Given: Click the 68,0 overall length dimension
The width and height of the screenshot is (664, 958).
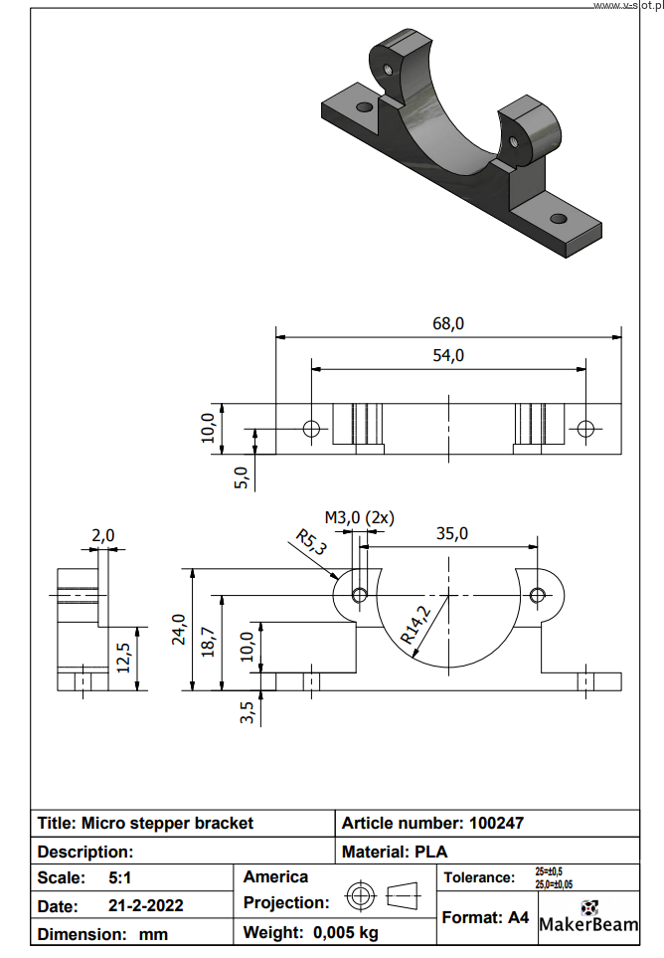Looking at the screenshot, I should coord(448,323).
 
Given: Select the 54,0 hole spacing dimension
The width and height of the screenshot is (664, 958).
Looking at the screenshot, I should coord(448,355).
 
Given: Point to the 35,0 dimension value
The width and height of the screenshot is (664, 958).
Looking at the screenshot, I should coord(451,533).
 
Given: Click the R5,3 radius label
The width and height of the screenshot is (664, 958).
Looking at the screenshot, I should coord(311,545).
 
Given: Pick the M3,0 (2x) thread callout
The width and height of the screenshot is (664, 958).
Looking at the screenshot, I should coord(360,517).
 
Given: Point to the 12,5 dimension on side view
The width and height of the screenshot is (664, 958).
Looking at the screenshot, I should coord(124,658).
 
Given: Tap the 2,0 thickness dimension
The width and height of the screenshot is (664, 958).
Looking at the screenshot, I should coord(102,535).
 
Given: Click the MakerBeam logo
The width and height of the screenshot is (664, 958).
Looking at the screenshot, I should coord(588,917).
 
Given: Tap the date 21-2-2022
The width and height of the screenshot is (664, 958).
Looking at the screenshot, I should coord(145,906).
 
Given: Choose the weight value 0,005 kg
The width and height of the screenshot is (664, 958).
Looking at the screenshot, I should coord(345,932).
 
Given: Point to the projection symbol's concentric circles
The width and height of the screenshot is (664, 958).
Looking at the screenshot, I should coord(360,896).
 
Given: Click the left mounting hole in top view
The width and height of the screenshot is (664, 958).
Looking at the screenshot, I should coord(311,429).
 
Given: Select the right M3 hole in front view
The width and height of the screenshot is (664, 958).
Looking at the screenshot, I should coord(538,595).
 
